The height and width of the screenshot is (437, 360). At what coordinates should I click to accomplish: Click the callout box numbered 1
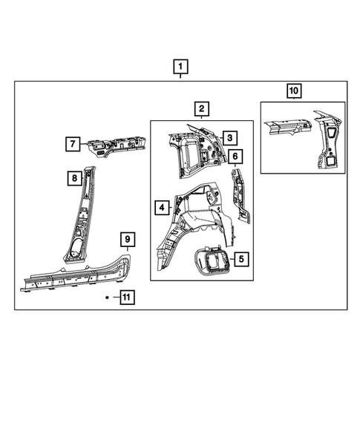click(x=180, y=66)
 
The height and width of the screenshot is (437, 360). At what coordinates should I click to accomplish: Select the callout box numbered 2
click(x=200, y=110)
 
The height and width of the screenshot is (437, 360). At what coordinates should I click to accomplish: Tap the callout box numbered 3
click(x=230, y=138)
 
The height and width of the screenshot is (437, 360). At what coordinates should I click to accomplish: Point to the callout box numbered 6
click(x=235, y=157)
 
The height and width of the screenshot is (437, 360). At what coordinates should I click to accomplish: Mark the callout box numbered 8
click(x=73, y=178)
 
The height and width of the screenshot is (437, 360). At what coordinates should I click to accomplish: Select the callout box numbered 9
click(x=128, y=239)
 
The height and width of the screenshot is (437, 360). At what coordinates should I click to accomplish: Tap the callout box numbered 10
click(x=294, y=91)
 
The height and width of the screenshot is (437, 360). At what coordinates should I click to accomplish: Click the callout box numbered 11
click(x=127, y=297)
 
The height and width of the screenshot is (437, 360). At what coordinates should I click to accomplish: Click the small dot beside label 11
click(x=108, y=297)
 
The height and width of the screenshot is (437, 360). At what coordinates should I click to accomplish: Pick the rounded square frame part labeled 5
click(x=211, y=261)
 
